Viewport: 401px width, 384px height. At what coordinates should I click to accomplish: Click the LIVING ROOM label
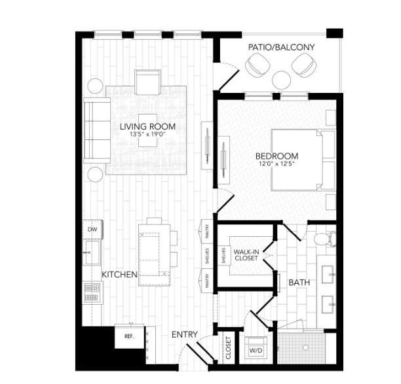click(147, 126)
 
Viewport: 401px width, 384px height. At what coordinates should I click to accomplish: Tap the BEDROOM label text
click(277, 156)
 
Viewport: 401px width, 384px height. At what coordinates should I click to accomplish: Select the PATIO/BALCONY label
click(281, 47)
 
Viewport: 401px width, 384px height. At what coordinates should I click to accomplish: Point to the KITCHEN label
click(119, 275)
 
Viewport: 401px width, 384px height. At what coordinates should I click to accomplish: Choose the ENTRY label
click(184, 335)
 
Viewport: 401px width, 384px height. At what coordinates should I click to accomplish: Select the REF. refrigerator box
click(128, 336)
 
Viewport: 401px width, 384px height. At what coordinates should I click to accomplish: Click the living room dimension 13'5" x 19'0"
click(147, 135)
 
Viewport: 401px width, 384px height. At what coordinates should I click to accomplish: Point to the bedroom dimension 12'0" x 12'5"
click(277, 164)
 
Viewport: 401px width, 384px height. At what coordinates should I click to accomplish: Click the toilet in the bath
click(324, 239)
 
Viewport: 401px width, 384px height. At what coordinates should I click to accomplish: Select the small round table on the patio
click(281, 80)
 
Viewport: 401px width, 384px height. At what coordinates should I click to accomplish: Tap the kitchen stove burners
click(92, 291)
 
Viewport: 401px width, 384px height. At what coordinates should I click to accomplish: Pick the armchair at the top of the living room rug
click(147, 83)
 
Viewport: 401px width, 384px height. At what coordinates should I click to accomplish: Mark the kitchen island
click(155, 254)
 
